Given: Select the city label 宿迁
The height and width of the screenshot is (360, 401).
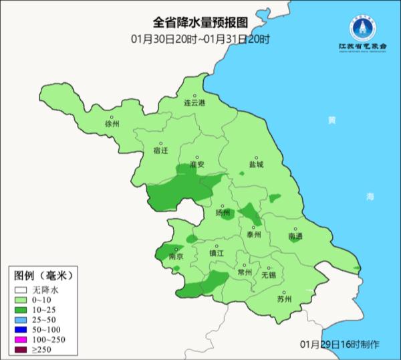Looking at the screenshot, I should (160, 151).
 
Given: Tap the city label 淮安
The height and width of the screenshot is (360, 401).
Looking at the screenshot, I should (196, 164).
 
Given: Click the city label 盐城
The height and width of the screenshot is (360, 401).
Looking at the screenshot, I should (256, 164).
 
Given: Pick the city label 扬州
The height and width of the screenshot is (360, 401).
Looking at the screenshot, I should (223, 213).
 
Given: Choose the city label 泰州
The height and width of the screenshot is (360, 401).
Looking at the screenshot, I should (253, 235).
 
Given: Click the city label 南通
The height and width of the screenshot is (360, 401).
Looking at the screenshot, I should (295, 236).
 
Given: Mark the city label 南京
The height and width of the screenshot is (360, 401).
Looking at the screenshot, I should (176, 256).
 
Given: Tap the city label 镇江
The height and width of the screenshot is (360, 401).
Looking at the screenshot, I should (217, 254).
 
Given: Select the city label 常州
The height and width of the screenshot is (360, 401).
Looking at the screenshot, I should (245, 272).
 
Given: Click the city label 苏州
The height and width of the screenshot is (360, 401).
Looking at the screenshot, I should (284, 299).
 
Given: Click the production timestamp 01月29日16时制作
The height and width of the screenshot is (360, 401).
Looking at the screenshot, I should (340, 344).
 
